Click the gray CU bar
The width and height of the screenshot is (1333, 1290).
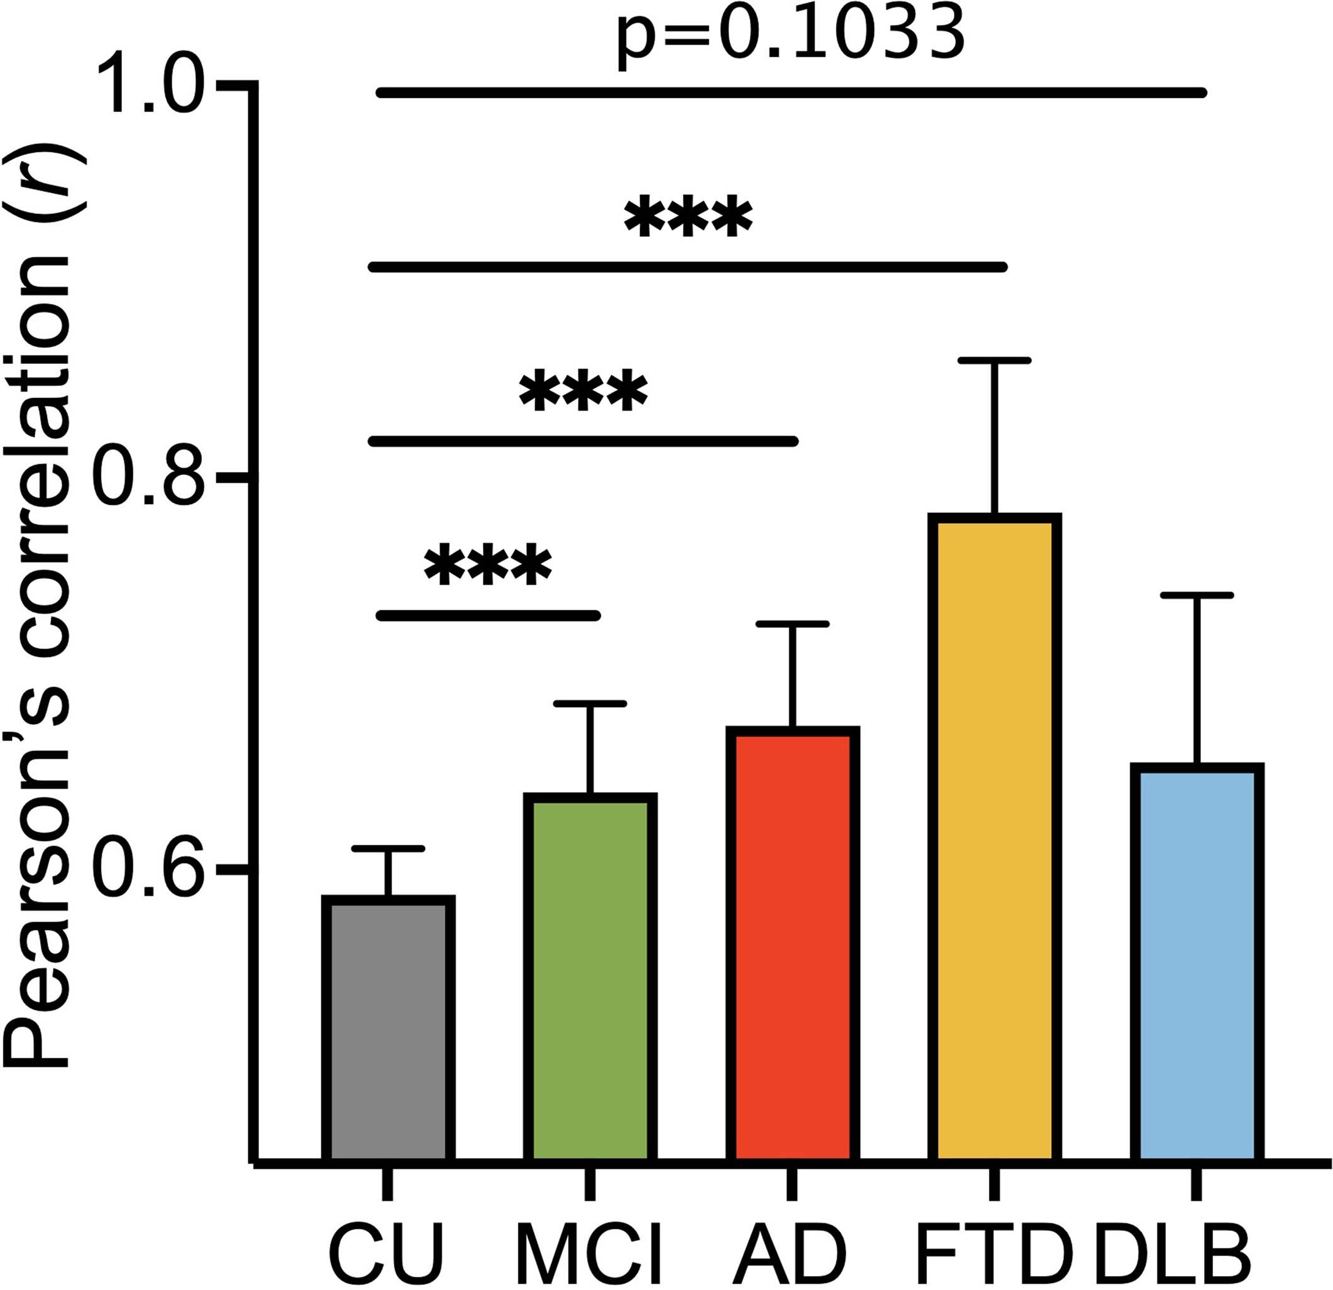coord(388,1030)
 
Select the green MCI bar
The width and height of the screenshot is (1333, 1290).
coord(590,979)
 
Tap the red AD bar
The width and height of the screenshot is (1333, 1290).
coord(792,945)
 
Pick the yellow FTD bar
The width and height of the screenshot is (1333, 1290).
coord(994,840)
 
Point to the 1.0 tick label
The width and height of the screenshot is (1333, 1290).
coord(150,86)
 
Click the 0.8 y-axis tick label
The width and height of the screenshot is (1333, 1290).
coord(150,478)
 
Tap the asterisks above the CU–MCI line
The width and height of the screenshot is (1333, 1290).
coord(488,566)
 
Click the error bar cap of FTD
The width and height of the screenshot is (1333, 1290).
coord(994,360)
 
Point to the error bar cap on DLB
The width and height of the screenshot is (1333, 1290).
coord(1197,595)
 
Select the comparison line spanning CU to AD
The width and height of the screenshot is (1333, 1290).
coord(582,441)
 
